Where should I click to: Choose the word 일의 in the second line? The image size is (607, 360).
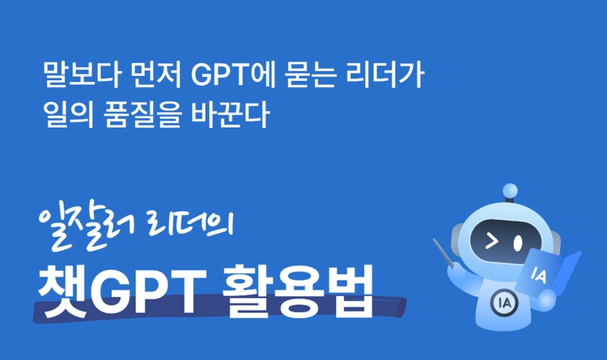point(66,114)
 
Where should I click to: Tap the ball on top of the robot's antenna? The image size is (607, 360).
point(509,191)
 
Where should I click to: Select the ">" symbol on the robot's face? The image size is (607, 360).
point(490,239)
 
